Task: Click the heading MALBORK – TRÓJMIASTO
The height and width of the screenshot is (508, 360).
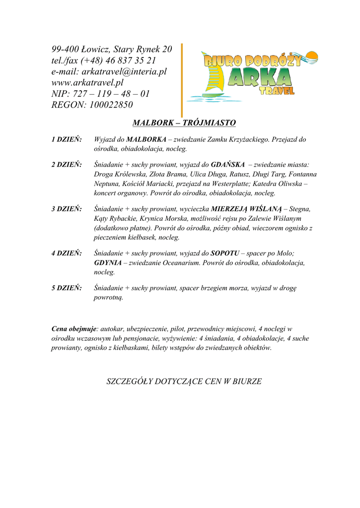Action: [184, 123]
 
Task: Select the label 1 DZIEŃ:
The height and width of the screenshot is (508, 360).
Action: [67, 139]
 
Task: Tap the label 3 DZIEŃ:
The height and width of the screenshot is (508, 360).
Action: [67, 209]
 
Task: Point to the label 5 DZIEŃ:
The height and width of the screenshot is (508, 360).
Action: [67, 288]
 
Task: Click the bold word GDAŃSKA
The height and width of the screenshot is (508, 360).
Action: [228, 165]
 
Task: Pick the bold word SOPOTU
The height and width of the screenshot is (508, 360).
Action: [225, 254]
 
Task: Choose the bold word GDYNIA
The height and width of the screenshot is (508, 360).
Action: [108, 263]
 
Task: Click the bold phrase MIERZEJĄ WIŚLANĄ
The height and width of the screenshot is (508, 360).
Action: [246, 209]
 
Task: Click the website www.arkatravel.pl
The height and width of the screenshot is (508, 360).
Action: [87, 82]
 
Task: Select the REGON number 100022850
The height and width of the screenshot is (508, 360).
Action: [111, 105]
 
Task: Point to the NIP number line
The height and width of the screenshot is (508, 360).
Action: [100, 94]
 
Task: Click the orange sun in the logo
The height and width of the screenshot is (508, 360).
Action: [312, 56]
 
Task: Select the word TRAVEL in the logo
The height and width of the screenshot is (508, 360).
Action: [277, 91]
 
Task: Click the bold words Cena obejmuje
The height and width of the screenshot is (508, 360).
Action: [73, 328]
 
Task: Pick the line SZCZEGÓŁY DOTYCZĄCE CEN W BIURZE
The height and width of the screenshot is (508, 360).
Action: [184, 381]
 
